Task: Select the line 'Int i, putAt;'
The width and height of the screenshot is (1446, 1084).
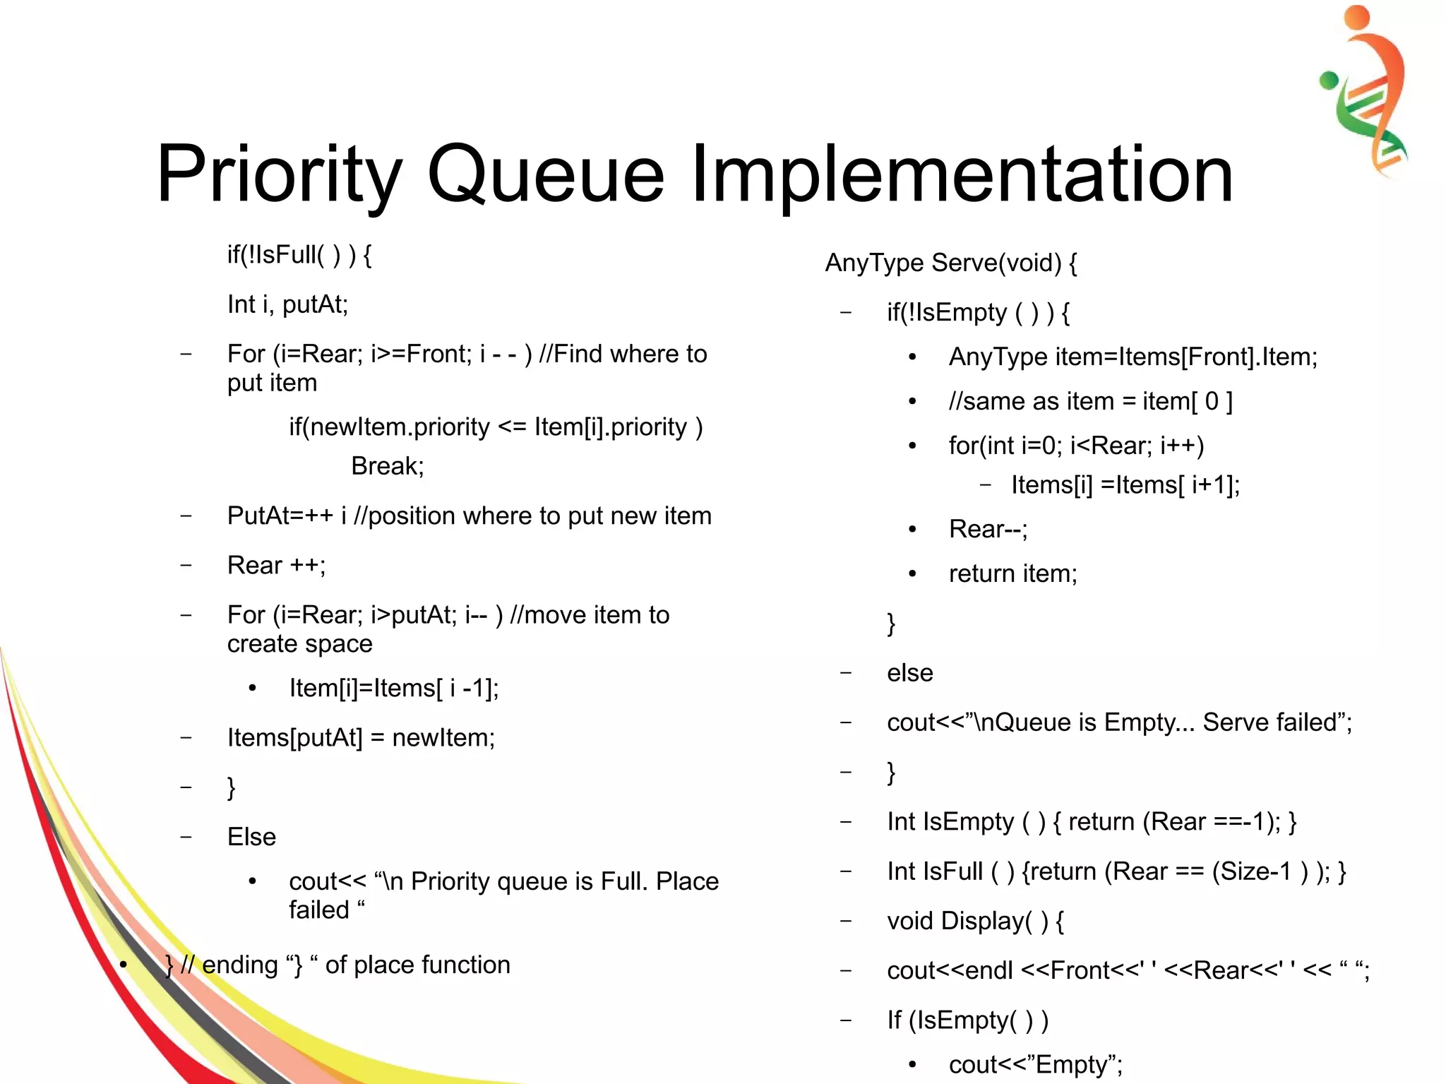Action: [x=287, y=304]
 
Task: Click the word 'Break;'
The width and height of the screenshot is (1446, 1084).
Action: [x=388, y=466]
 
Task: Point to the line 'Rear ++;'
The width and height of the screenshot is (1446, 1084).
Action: [x=276, y=566]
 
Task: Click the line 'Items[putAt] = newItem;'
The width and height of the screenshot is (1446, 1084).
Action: [x=361, y=738]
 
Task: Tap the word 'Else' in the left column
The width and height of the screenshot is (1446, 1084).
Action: [x=251, y=837]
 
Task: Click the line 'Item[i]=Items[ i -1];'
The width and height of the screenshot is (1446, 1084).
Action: [x=394, y=688]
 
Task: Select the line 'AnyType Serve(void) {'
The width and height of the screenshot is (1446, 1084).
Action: [x=950, y=263]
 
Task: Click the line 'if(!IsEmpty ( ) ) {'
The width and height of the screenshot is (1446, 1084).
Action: [x=978, y=312]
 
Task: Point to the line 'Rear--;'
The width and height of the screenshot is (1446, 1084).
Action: [x=988, y=529]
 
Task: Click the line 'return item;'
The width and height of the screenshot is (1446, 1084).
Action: [x=1012, y=573]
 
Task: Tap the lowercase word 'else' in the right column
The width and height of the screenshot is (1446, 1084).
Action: [x=909, y=673]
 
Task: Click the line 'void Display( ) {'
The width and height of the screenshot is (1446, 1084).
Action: [x=975, y=921]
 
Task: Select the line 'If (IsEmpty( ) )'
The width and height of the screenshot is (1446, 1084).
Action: [x=967, y=1020]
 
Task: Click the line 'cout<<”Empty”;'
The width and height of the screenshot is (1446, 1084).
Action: [x=1035, y=1064]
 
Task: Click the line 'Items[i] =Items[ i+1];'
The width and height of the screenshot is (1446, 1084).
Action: [x=1125, y=485]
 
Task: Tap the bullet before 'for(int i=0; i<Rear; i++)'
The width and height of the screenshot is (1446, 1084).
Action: [x=912, y=446]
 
